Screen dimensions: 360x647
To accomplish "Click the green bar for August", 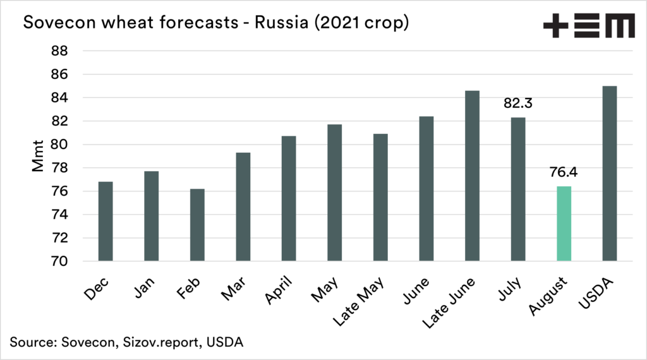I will coord(564,224).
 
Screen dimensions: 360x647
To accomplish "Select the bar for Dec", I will coord(106,221).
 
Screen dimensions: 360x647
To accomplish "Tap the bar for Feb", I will coord(197,225).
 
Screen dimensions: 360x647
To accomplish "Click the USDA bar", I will coord(609,174).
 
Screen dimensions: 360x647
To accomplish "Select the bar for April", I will coord(289,198).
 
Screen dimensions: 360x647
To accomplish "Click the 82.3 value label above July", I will coord(518,103).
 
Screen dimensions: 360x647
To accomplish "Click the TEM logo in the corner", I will coord(589,27).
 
